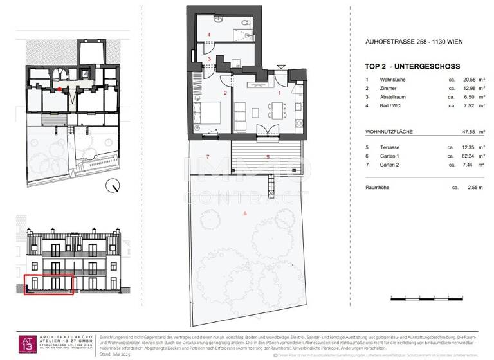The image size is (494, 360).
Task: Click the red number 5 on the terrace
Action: pos(268,156)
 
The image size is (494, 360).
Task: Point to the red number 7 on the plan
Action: pos(208,157)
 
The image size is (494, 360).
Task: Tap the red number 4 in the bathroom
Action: pos(208,34)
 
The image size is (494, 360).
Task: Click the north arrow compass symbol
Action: pos(115,186)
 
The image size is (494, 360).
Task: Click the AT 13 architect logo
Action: pos(27,344)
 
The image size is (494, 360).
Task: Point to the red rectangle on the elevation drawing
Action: pos(49,284)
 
